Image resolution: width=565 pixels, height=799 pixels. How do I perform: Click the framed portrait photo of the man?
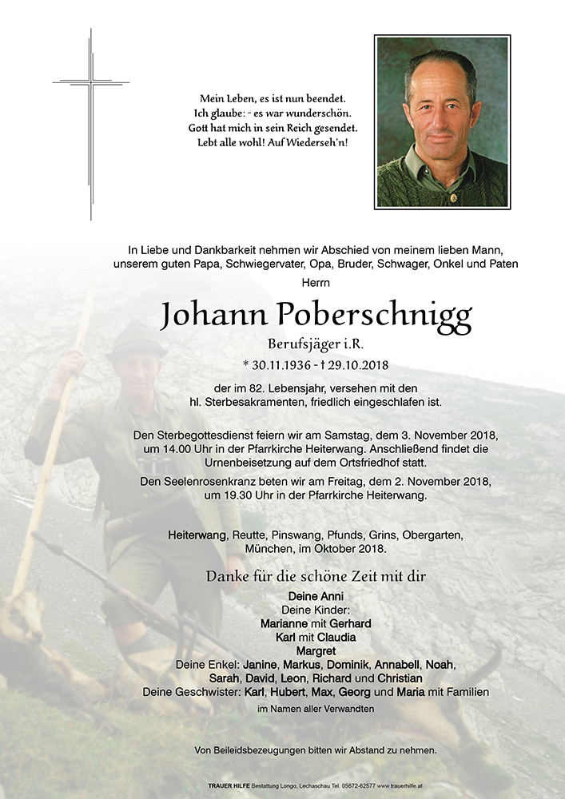[442, 122]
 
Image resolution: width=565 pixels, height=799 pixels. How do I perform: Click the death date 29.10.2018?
[355, 365]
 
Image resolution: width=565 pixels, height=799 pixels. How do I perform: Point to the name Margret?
[315, 651]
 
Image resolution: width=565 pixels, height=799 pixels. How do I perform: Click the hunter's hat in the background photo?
[137, 341]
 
